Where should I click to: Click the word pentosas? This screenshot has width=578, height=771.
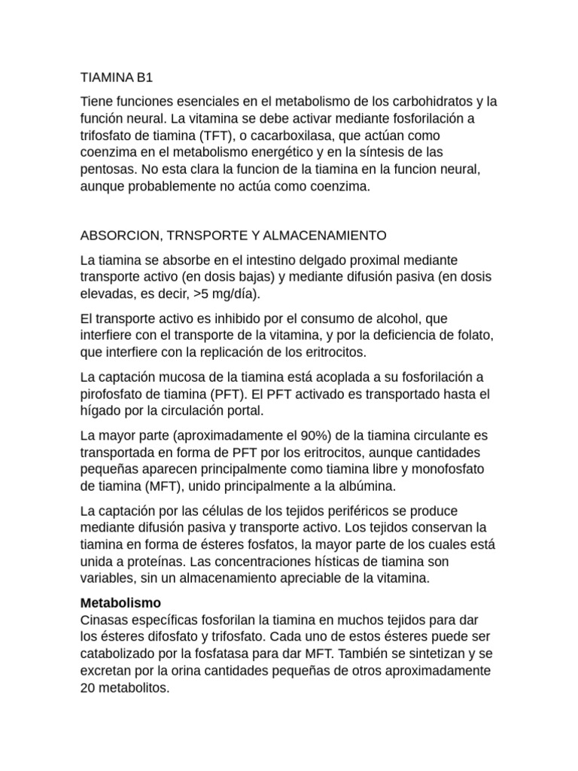(x=107, y=171)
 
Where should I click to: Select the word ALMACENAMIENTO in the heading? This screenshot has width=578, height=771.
(x=330, y=236)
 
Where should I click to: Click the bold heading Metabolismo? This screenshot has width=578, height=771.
(x=120, y=603)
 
